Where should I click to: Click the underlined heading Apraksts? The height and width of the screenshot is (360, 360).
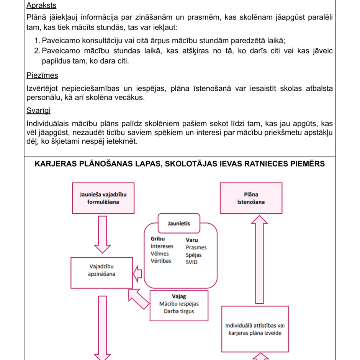click(x=41, y=5)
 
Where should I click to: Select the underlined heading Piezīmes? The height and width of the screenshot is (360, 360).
click(x=42, y=75)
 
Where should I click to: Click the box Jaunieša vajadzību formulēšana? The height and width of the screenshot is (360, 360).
click(x=103, y=198)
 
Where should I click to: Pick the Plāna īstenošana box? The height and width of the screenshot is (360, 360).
click(x=251, y=198)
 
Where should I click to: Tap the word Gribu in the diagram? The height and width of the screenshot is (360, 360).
click(x=158, y=239)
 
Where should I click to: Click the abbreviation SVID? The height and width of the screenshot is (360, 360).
click(x=192, y=262)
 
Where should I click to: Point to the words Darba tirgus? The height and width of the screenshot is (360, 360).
click(x=179, y=311)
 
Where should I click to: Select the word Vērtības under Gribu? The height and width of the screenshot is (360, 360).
click(x=161, y=261)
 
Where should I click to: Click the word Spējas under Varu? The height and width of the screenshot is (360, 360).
click(x=194, y=255)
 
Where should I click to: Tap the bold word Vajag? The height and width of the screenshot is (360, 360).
click(x=179, y=296)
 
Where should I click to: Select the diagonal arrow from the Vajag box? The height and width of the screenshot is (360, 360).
click(x=138, y=299)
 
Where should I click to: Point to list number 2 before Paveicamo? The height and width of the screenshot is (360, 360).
click(x=37, y=51)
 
